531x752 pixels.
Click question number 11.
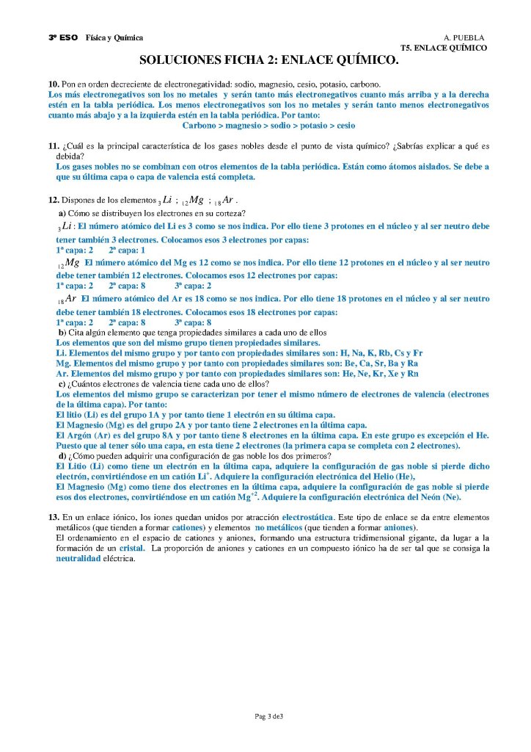pyautogui.click(x=53, y=147)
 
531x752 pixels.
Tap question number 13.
pyautogui.click(x=53, y=518)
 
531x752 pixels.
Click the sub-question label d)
pyautogui.click(x=62, y=455)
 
